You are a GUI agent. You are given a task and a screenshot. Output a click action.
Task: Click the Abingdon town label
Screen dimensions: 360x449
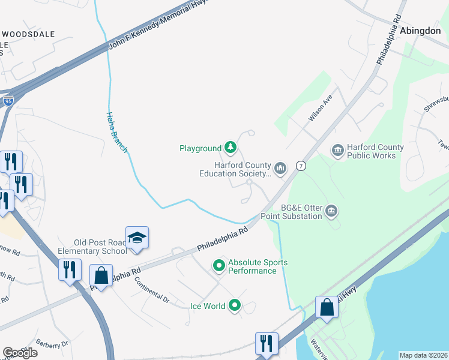pyautogui.click(x=420, y=31)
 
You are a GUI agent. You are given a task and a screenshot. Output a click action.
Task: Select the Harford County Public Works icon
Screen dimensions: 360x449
pyautogui.click(x=337, y=149)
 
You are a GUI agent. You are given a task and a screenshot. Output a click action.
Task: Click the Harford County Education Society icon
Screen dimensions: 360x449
pyautogui.click(x=280, y=167)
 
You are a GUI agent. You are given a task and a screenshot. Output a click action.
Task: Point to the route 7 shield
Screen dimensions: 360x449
pyautogui.click(x=301, y=166)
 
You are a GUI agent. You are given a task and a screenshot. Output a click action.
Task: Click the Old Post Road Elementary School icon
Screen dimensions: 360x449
pyautogui.click(x=137, y=238)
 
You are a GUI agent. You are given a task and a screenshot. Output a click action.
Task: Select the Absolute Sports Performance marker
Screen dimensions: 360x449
pyautogui.click(x=220, y=265)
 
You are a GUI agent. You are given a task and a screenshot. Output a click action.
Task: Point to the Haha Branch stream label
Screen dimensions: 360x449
pyautogui.click(x=117, y=131)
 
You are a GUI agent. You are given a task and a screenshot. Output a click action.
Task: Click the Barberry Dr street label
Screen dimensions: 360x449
pyautogui.click(x=53, y=344)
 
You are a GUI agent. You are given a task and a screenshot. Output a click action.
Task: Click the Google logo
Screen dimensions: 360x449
pyautogui.click(x=19, y=353)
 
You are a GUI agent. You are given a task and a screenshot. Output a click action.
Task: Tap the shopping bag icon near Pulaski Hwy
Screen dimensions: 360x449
pyautogui.click(x=327, y=307)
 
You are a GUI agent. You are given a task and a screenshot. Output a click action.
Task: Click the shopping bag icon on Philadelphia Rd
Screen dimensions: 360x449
pyautogui.click(x=101, y=276)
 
